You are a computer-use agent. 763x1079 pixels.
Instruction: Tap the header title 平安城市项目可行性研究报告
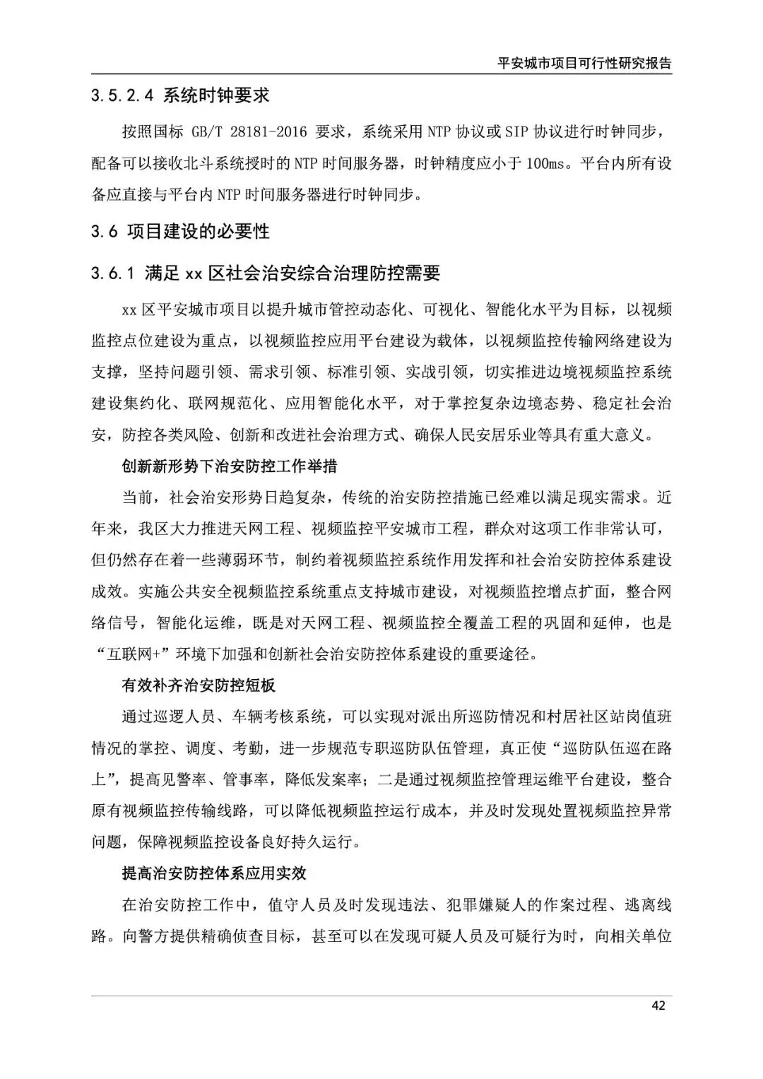(584, 62)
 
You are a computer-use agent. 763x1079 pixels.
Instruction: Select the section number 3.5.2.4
(122, 95)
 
